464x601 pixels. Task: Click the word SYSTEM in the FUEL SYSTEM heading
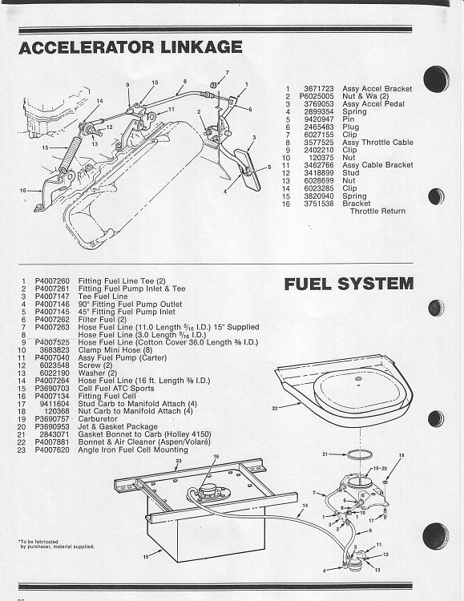tap(376, 284)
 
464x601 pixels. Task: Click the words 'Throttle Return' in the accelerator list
tap(377, 212)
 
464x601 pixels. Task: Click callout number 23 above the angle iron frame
tap(179, 461)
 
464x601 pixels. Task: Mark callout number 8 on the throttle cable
tap(184, 82)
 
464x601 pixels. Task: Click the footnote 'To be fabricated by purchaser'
tap(55, 544)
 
